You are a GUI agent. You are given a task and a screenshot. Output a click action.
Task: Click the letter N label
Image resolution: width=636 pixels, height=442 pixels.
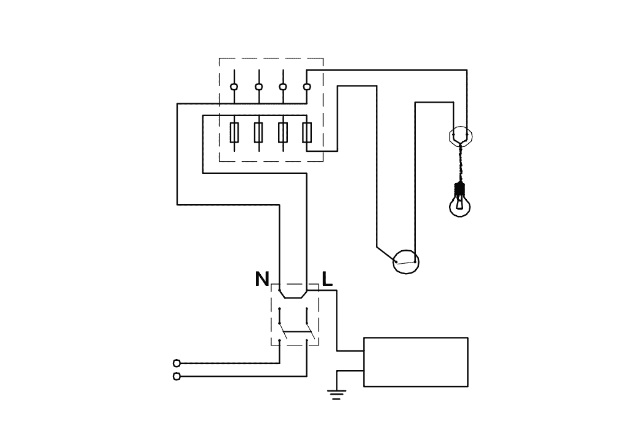pos(262,279)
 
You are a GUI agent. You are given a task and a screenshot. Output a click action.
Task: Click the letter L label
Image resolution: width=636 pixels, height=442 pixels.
pos(327,279)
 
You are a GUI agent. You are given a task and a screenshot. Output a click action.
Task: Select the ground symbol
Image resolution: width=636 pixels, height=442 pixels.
pos(336,395)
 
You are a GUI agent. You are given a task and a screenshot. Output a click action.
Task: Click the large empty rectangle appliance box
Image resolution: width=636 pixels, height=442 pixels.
pos(416,362)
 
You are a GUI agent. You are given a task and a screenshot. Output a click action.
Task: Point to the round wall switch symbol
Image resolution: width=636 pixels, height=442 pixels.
pos(406,261)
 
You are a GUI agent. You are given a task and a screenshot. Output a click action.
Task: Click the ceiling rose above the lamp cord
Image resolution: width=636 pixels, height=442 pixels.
pos(460,135)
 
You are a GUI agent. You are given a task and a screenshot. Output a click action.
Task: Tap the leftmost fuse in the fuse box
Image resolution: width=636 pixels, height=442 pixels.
pos(234,132)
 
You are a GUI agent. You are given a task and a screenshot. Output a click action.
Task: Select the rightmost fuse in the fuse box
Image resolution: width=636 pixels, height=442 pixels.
pos(307,132)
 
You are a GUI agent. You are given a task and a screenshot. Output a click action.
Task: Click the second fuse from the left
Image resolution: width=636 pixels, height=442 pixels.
pos(258,132)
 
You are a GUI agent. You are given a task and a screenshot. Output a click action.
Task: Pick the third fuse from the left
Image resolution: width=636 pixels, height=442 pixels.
pos(283,132)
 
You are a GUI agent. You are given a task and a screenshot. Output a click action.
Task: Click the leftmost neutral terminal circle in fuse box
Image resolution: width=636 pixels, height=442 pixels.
pos(234,87)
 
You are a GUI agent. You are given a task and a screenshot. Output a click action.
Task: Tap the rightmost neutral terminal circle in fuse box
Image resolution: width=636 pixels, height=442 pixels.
pos(307,87)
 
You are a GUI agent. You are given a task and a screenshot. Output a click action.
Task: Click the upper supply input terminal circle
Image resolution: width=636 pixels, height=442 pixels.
pos(177,363)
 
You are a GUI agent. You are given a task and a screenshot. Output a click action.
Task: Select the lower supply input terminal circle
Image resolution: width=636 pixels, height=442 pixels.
pos(177,376)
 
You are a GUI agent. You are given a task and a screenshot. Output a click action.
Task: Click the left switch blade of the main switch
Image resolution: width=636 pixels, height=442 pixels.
pos(283,331)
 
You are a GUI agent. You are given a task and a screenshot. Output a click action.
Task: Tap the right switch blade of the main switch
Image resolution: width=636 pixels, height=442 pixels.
pos(310,331)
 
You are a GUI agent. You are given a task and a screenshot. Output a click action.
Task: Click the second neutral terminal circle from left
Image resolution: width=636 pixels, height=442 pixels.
pos(258,87)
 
